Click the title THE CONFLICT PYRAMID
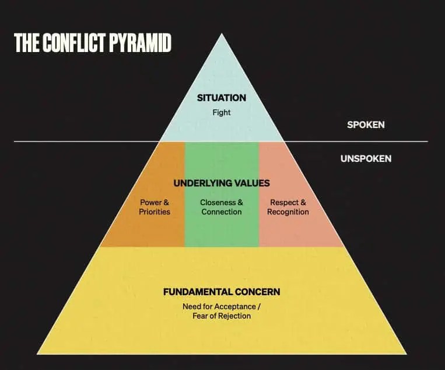coord(93,44)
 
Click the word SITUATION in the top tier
coord(222,98)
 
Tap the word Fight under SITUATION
coord(222,112)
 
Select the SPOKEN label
coord(366,125)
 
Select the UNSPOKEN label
coord(366,158)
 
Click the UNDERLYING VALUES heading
coord(222,183)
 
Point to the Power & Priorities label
coord(155,207)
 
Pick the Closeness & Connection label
coord(222,207)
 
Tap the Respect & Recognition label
coord(288,207)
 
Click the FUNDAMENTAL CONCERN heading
coord(222,292)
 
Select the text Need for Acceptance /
coord(222,306)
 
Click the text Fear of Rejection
coord(222,316)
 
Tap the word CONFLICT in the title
coord(73,44)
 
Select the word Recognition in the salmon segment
coord(288,212)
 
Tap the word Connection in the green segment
coord(222,212)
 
